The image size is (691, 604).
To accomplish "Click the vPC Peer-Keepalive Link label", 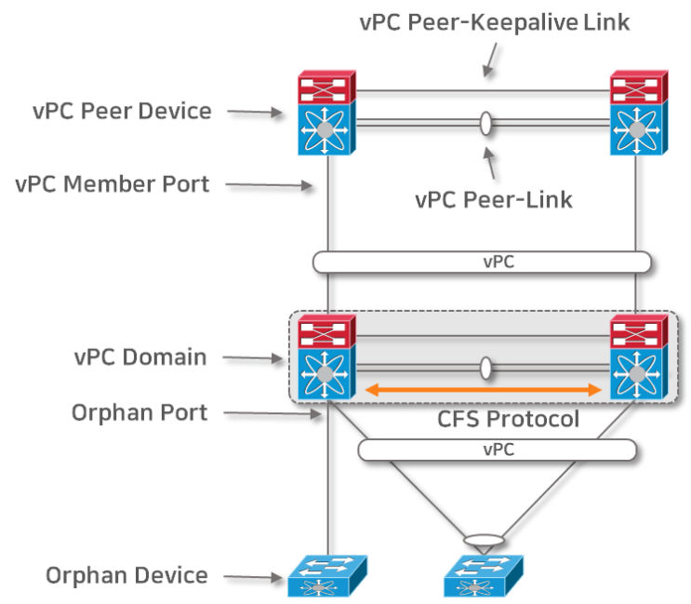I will (495, 21).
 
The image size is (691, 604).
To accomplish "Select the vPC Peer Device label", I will (121, 112).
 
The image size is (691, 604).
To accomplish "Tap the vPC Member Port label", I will (113, 183).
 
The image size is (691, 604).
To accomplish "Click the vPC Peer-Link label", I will (495, 198).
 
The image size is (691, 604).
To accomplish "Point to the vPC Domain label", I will (140, 356).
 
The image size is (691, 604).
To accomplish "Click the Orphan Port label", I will (140, 412).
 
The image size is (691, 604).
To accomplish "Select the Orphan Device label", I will (126, 575).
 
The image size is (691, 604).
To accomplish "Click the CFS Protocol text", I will (508, 420).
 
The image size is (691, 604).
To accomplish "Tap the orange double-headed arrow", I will (483, 390).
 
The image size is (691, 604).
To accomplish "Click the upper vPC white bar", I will (481, 262).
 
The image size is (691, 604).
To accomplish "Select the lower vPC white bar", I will (497, 450).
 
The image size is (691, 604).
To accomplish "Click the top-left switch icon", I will (326, 114).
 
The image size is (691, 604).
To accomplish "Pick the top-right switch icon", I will (638, 114).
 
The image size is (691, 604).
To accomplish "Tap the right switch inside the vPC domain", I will (638, 357).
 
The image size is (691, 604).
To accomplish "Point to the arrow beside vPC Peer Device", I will (254, 112).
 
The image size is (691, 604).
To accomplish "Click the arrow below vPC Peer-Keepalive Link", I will (487, 60).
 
